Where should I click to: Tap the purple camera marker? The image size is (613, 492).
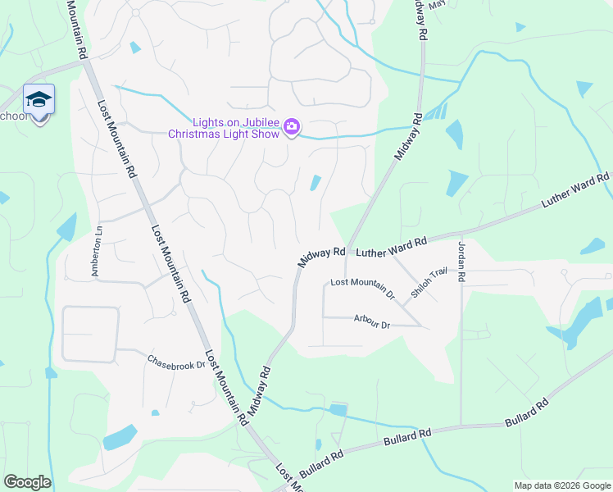[x=292, y=127]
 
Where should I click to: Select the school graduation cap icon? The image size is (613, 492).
[x=39, y=99]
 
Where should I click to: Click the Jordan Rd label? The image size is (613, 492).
[x=461, y=262]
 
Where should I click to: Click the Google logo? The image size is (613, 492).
[x=27, y=482]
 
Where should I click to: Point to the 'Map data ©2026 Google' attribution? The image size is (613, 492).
[x=562, y=485]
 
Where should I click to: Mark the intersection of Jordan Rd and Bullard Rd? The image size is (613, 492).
[x=461, y=426]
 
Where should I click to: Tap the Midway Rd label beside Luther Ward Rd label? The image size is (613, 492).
[x=319, y=258]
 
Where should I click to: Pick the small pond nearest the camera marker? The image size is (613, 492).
[x=315, y=184]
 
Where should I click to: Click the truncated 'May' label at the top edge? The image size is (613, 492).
[x=436, y=3]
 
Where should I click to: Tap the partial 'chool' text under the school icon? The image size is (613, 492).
[x=14, y=116]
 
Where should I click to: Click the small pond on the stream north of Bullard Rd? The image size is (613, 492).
[x=337, y=409]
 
